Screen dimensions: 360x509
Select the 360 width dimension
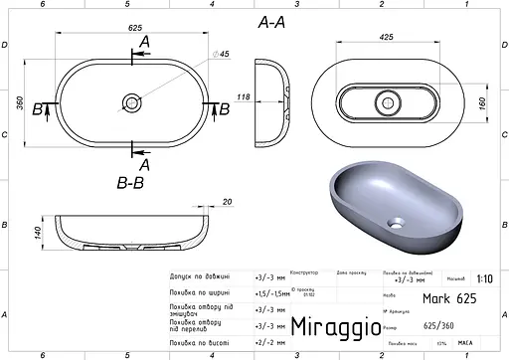(21, 102)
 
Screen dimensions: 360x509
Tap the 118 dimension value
(243, 96)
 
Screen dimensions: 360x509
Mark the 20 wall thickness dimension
(228, 203)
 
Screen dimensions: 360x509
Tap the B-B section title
(132, 183)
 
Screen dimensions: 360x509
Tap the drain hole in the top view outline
(131, 102)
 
